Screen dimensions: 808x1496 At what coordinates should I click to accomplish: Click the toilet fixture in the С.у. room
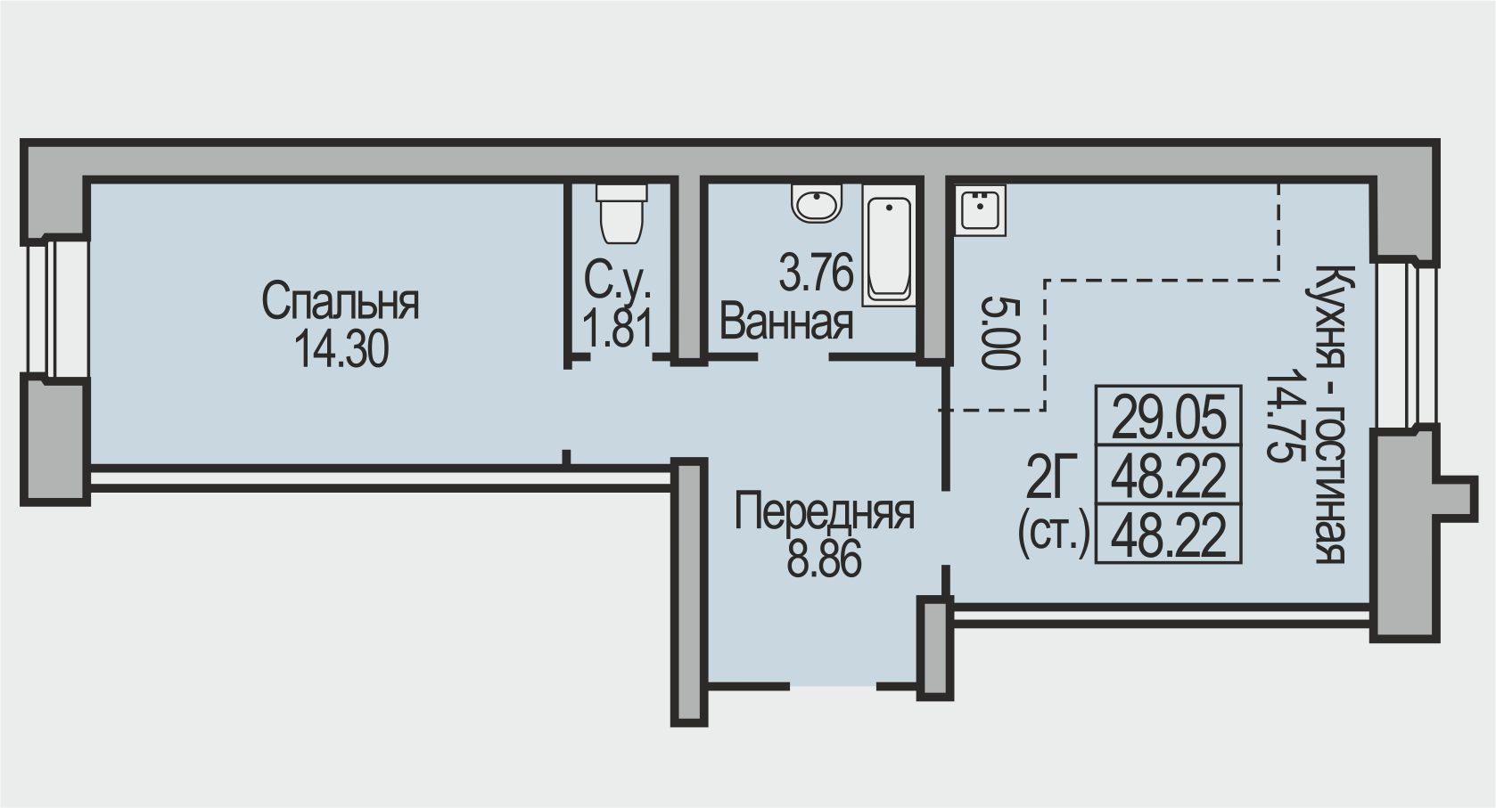(x=621, y=216)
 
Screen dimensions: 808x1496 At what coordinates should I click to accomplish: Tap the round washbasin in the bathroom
(x=817, y=204)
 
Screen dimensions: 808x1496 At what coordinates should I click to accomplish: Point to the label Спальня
(x=341, y=303)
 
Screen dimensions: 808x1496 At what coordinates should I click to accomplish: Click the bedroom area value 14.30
(x=341, y=350)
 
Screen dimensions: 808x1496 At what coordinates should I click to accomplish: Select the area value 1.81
(x=618, y=328)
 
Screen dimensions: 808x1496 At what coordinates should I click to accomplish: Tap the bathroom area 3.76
(x=816, y=273)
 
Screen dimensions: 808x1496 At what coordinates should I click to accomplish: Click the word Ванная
(x=786, y=322)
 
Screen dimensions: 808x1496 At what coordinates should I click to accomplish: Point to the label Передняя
(x=824, y=513)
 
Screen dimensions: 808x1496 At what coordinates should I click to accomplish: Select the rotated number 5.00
(x=998, y=333)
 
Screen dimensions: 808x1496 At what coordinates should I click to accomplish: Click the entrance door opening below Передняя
(x=834, y=685)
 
